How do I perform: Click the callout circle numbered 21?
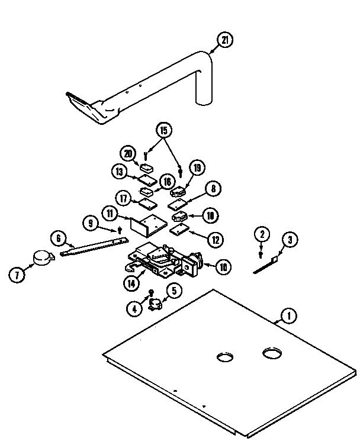(x=224, y=41)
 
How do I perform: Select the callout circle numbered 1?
(x=288, y=316)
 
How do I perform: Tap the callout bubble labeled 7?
(x=17, y=274)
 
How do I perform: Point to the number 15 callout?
(x=163, y=129)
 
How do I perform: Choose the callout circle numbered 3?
(x=290, y=240)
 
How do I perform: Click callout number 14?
(x=133, y=283)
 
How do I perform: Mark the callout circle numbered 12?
(x=215, y=239)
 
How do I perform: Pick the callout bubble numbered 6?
(x=57, y=238)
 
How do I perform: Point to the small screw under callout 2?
(x=261, y=254)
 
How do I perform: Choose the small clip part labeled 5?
(x=156, y=305)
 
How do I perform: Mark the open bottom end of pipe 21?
(x=203, y=102)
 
